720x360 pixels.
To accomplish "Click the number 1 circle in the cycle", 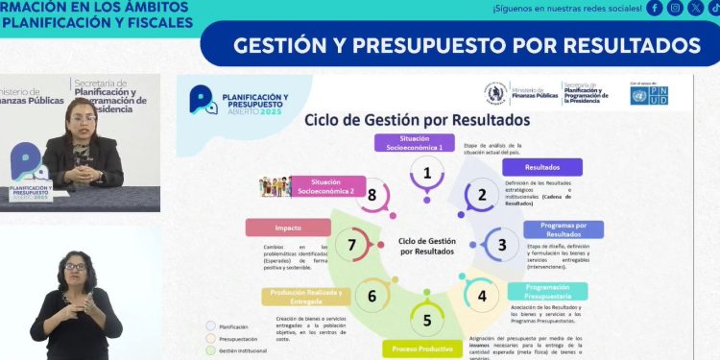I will (x=427, y=174).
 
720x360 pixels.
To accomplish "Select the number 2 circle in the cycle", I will (x=482, y=195).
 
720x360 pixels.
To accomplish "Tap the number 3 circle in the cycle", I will (x=502, y=245).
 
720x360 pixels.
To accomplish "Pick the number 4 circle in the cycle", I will (x=482, y=296).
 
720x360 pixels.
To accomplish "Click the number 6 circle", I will (x=372, y=296).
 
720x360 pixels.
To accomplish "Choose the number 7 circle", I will (x=352, y=245).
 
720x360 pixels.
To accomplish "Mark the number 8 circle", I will (x=372, y=195).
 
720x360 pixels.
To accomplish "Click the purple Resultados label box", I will (x=542, y=167).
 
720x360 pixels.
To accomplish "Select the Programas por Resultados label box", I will (x=564, y=229).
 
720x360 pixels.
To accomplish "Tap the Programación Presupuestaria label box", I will (x=547, y=291).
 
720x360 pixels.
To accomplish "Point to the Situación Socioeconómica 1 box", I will (x=414, y=143).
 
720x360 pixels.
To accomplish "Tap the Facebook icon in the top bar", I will (x=655, y=9).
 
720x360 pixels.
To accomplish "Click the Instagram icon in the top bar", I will (x=676, y=9).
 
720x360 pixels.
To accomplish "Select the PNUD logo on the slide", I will (x=649, y=93).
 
